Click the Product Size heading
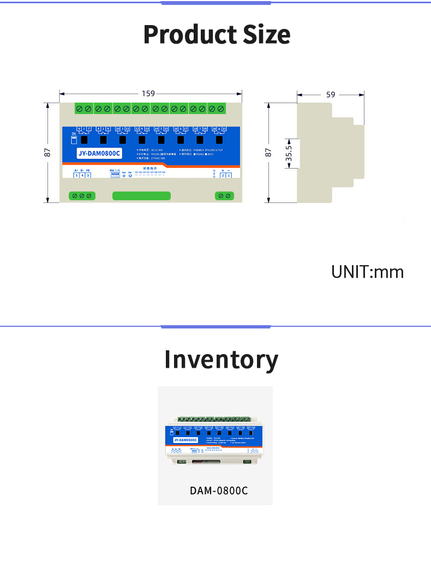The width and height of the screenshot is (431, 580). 217,35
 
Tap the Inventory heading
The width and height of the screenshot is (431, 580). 221,360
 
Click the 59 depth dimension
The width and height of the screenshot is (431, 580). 331,94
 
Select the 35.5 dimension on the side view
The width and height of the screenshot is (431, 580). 289,153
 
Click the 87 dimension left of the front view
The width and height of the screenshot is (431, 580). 47,153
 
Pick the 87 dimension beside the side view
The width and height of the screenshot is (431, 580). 268,153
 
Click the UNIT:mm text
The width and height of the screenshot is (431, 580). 367,272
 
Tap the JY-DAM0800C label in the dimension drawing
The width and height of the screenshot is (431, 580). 99,154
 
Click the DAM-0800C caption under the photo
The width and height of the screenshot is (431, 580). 219,491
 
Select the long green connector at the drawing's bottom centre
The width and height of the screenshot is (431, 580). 141,196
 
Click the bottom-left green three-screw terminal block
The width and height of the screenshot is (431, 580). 82,196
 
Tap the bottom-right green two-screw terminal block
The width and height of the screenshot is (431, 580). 225,196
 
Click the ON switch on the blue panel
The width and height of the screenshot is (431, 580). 74,139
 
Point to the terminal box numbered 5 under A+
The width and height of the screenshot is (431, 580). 76,176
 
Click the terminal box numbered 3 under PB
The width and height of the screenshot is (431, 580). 88,176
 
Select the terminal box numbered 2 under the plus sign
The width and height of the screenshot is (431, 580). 222,176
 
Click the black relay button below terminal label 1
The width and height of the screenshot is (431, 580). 85,140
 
